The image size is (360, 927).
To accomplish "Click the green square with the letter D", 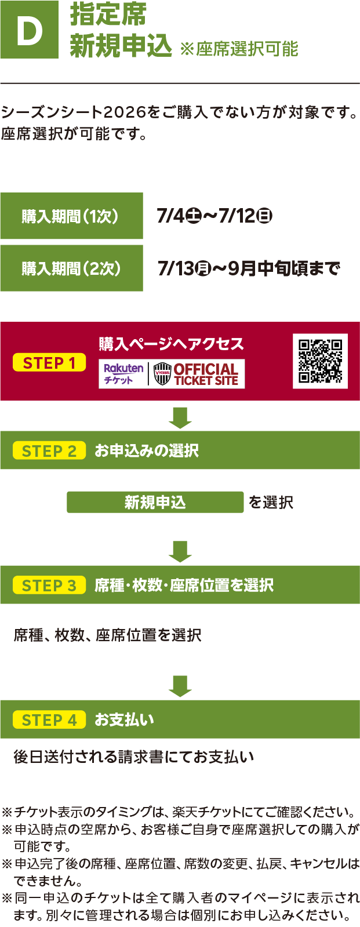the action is click(x=30, y=30).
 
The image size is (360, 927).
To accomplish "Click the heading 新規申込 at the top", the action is click(x=121, y=45).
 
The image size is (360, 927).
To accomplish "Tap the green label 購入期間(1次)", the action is click(x=71, y=216).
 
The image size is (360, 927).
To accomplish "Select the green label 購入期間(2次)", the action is click(x=71, y=268).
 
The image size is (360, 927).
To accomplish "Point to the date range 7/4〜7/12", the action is click(x=214, y=216).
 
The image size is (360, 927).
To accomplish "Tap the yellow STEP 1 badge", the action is click(x=49, y=362).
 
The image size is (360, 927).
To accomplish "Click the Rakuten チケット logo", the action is click(x=123, y=374).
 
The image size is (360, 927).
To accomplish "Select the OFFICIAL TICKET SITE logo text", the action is click(x=206, y=374).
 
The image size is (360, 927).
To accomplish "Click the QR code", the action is click(x=320, y=361).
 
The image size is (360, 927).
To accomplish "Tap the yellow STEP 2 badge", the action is click(x=49, y=450).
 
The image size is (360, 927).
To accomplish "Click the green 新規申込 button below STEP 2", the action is click(x=155, y=502).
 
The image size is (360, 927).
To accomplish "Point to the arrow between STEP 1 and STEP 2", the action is click(x=180, y=418).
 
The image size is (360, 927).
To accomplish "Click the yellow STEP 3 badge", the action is click(x=49, y=585).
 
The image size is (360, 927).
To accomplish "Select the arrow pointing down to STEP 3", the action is click(x=180, y=552).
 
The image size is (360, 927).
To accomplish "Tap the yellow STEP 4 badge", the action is click(x=49, y=719).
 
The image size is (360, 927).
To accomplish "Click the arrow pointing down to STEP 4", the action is click(x=180, y=686).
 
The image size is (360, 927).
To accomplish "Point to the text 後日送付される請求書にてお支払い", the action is click(x=134, y=757).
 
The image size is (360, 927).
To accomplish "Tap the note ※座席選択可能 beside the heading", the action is click(x=239, y=49).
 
